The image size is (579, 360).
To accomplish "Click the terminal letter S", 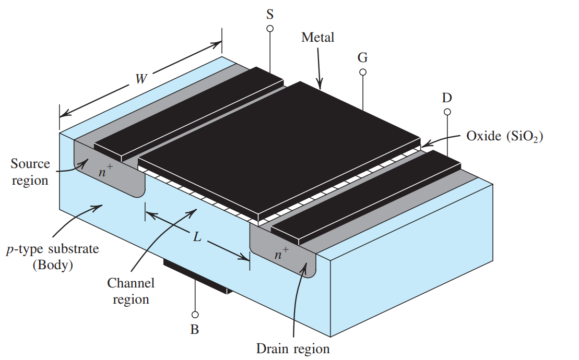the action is coord(270,14).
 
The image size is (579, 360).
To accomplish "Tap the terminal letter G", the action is coord(363,57).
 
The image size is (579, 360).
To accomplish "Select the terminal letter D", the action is coord(447,98).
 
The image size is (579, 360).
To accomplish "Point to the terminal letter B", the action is coord(195,329).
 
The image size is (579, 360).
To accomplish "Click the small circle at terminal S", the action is coord(270,28).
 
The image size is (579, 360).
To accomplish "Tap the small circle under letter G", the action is coord(363,72).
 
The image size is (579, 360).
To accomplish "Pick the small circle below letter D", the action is coord(447,112).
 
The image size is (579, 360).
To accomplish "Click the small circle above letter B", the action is coord(195,315).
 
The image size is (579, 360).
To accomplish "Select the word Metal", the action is coord(317,37).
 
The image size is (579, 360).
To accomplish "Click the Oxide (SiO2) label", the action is coord(504,136).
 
